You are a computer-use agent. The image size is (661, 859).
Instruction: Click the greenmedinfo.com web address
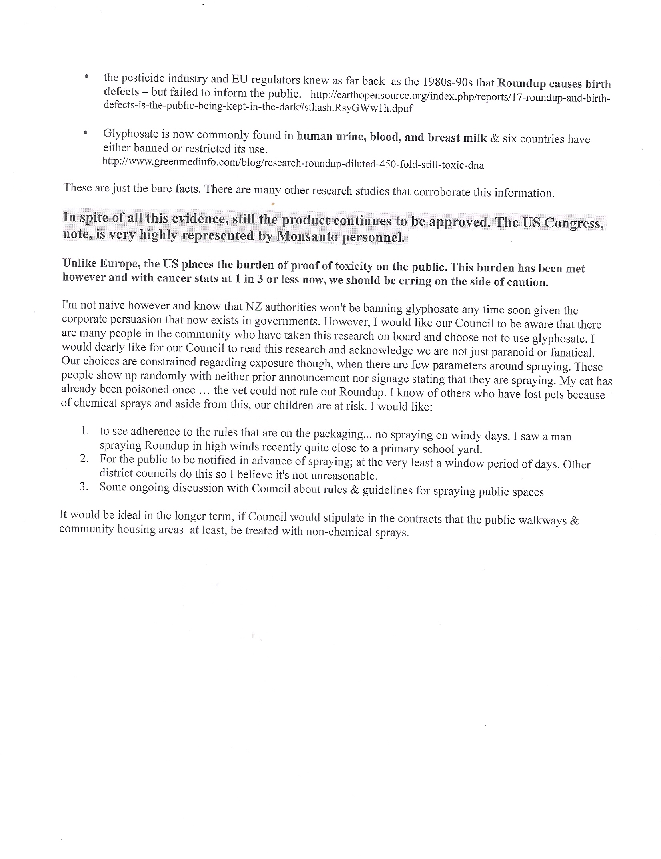(293, 164)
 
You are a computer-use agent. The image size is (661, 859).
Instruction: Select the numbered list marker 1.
(84, 431)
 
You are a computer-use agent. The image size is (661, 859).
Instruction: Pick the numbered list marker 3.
(84, 487)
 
